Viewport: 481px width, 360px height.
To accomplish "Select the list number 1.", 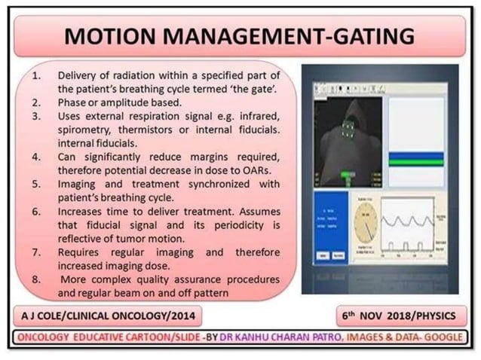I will point(38,76).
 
